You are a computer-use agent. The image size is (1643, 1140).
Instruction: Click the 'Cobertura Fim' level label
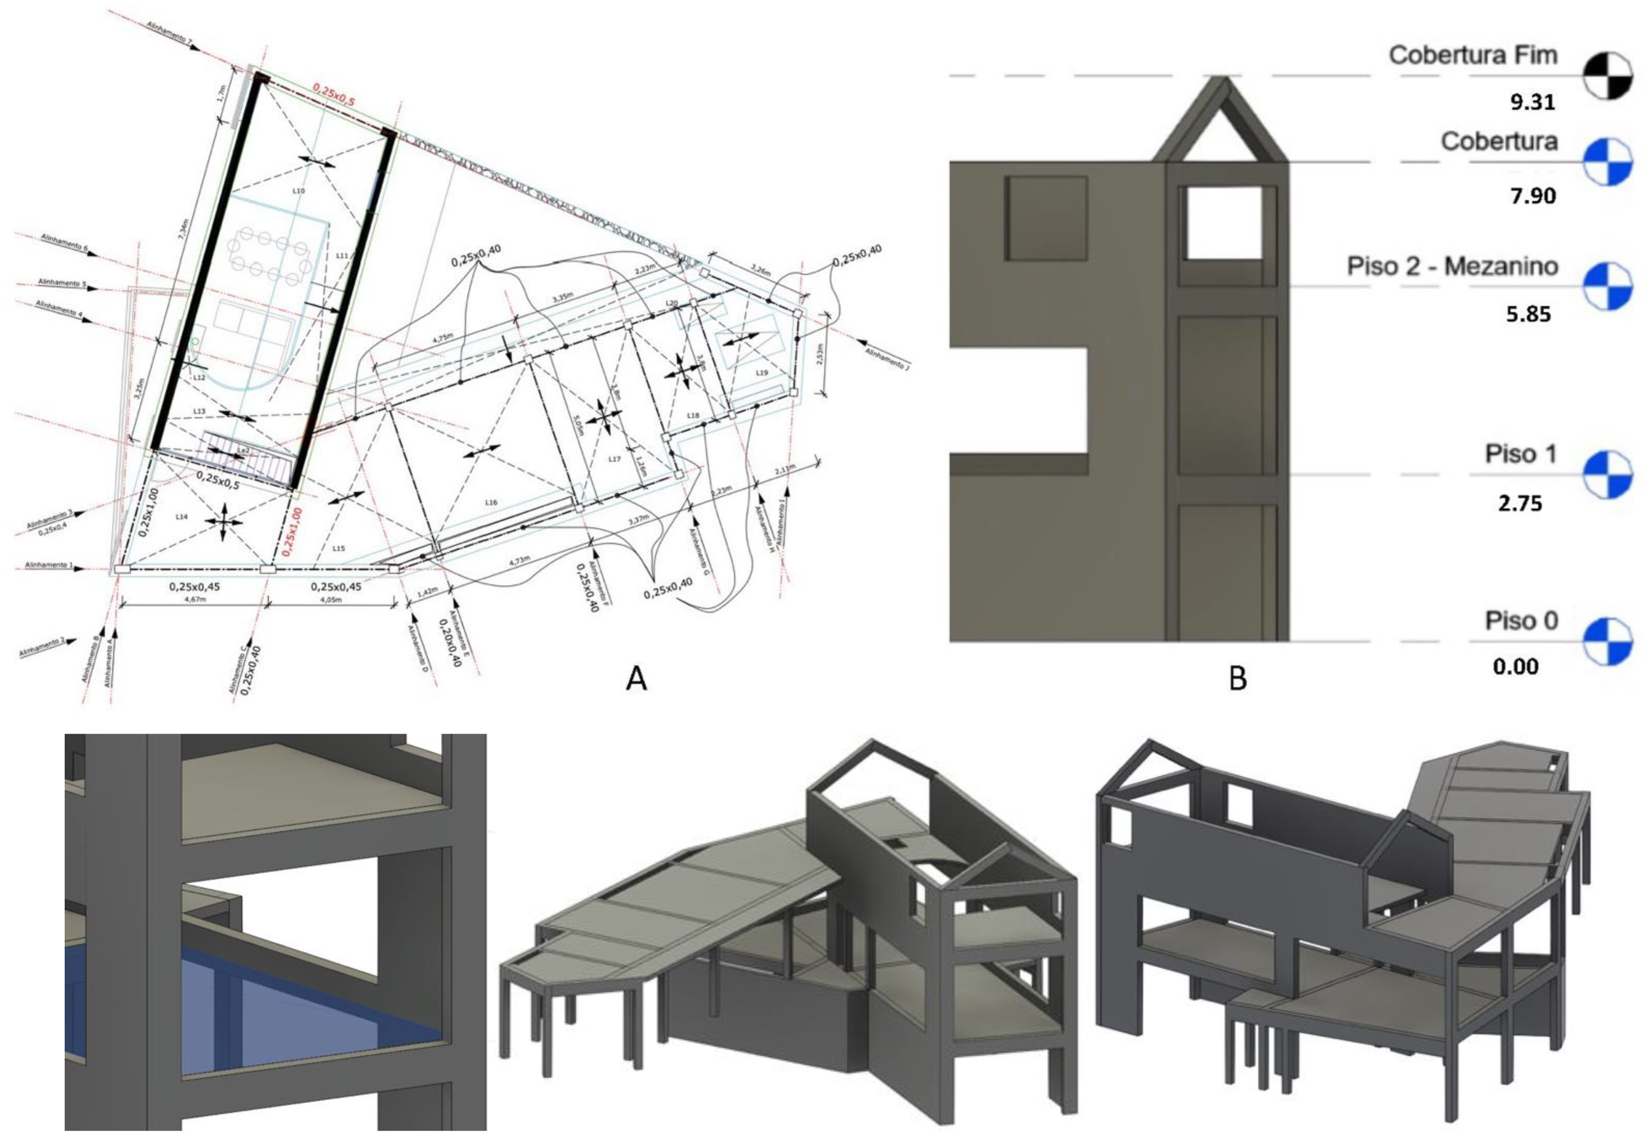(x=1472, y=56)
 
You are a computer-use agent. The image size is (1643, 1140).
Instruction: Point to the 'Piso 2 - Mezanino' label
(x=1452, y=266)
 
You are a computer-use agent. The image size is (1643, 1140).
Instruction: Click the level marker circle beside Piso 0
(x=1606, y=641)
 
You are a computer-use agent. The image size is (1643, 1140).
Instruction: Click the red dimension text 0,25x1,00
(x=292, y=531)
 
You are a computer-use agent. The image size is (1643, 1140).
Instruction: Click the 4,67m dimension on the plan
(x=193, y=600)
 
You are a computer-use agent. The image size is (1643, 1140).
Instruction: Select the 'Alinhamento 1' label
(x=49, y=565)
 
